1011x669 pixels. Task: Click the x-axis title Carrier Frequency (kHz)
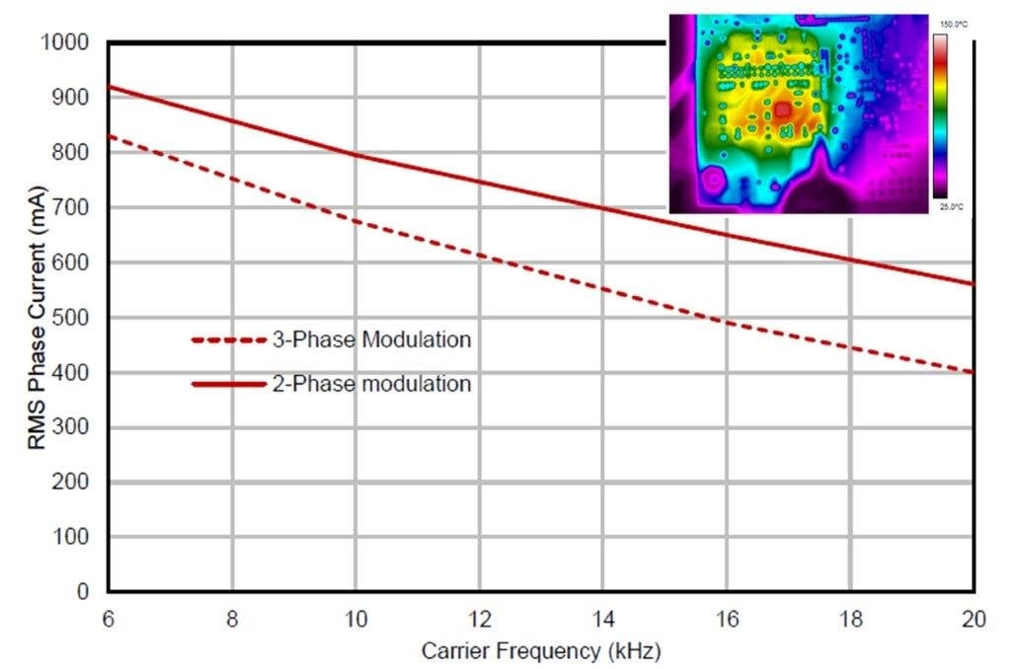(x=540, y=651)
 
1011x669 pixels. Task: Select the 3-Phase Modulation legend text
(x=371, y=339)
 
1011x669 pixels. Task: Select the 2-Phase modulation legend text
(x=371, y=383)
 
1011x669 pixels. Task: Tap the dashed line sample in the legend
(x=229, y=339)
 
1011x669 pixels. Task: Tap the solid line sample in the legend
(x=229, y=383)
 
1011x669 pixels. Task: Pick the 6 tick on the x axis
(x=108, y=619)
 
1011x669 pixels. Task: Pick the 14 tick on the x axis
(x=602, y=619)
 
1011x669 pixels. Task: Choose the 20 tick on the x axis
(x=972, y=619)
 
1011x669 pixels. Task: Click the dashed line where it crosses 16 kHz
(x=726, y=322)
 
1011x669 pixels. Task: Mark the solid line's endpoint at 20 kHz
(x=973, y=284)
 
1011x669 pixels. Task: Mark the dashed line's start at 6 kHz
(x=110, y=136)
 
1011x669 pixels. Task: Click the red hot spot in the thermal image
(x=782, y=111)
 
